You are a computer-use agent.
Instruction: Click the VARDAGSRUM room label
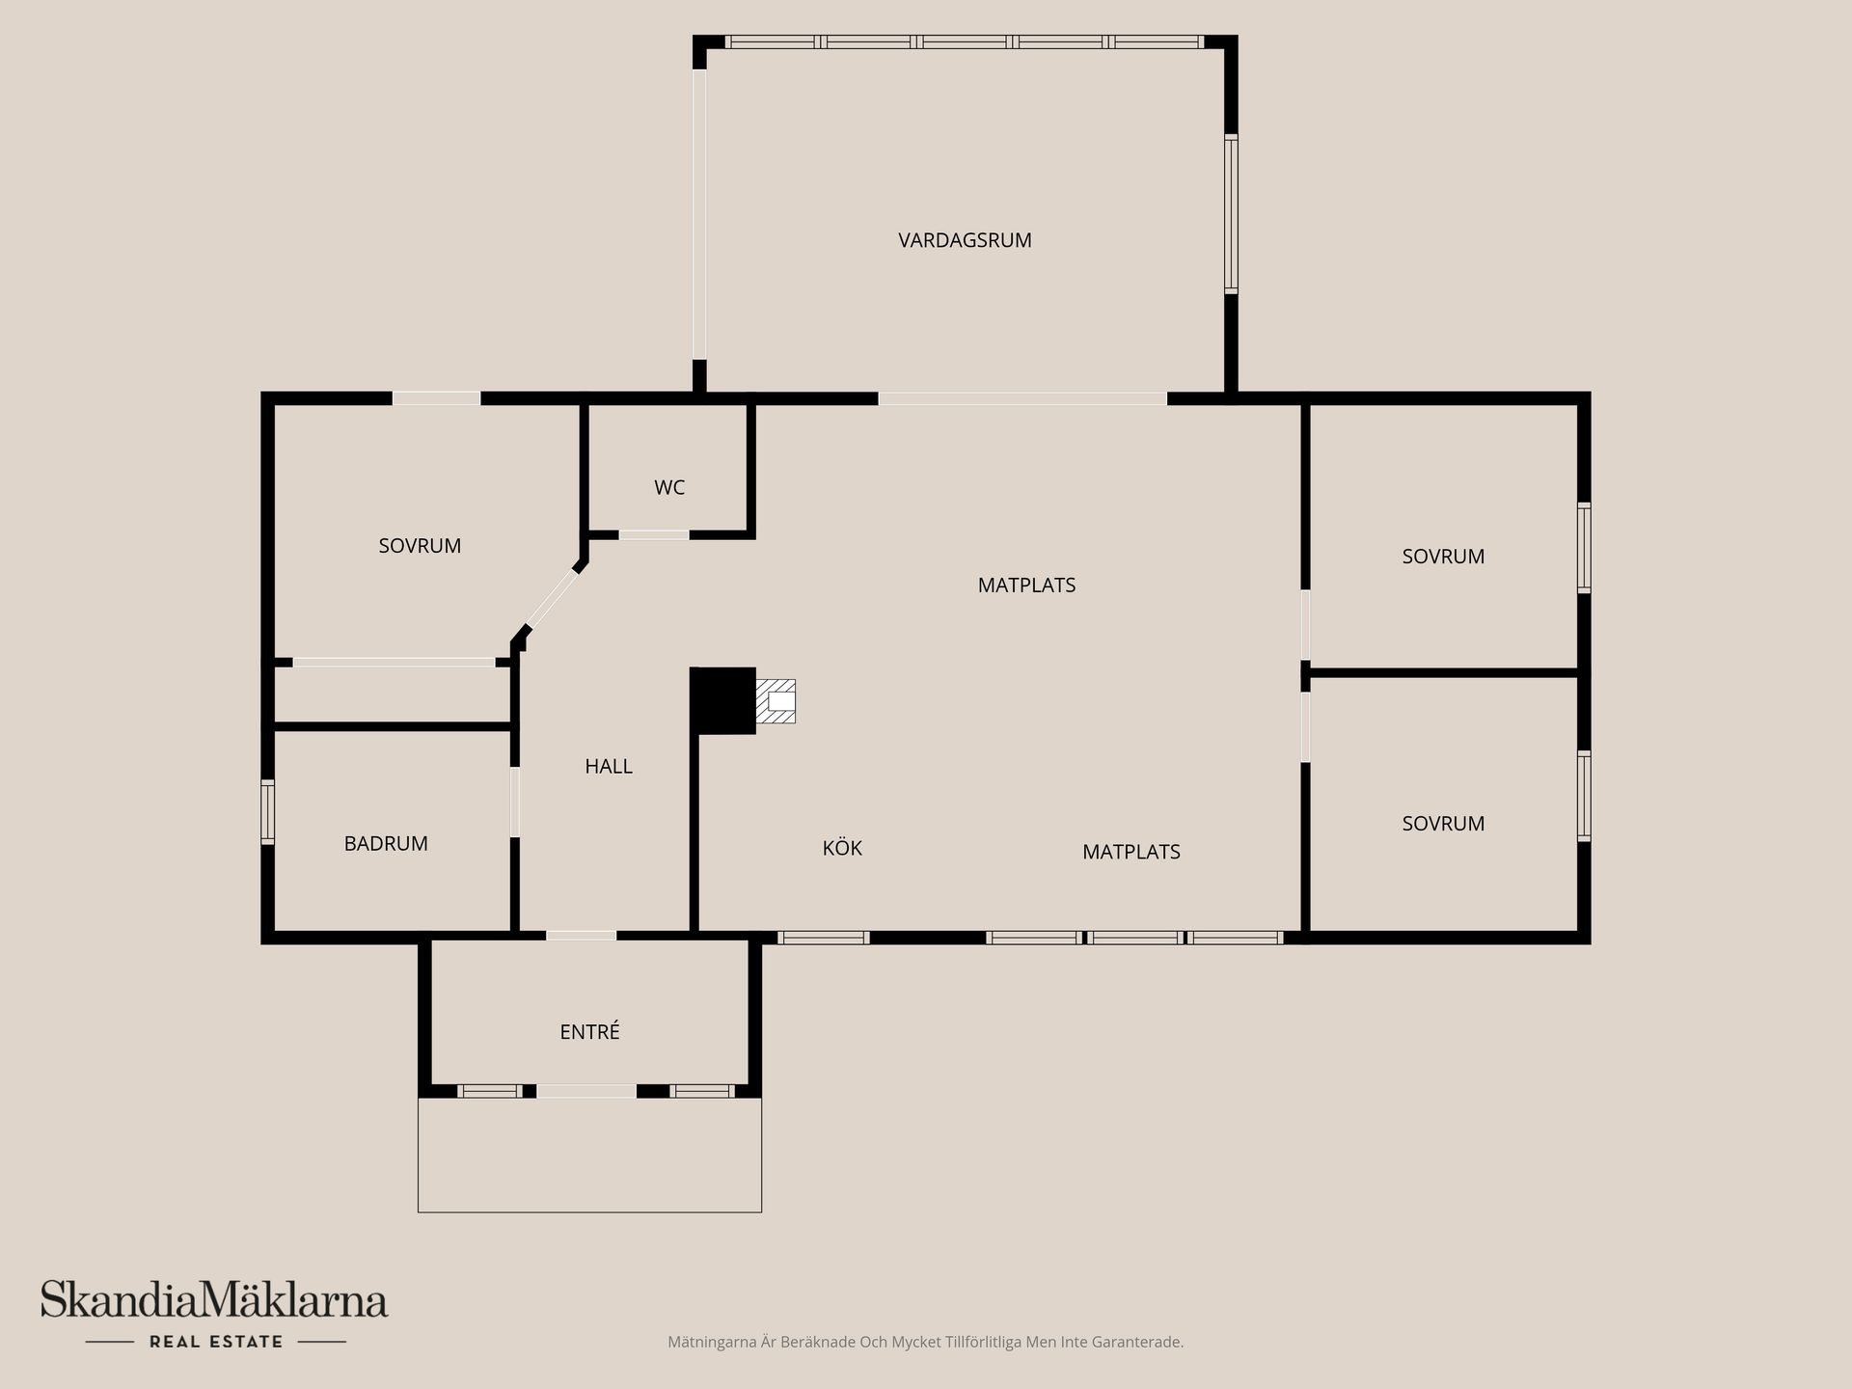pyautogui.click(x=965, y=240)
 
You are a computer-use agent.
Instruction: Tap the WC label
pyautogui.click(x=669, y=487)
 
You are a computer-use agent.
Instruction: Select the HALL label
pyautogui.click(x=609, y=766)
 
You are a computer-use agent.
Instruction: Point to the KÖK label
pyautogui.click(x=842, y=848)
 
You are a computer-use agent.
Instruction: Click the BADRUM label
pyautogui.click(x=386, y=843)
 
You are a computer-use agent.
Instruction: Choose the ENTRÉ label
pyautogui.click(x=589, y=1031)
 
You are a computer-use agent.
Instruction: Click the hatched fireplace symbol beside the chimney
pyautogui.click(x=776, y=700)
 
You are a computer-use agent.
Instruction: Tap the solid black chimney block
pyautogui.click(x=723, y=699)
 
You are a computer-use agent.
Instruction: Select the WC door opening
pyautogui.click(x=654, y=534)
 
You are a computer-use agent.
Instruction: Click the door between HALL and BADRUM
pyautogui.click(x=515, y=802)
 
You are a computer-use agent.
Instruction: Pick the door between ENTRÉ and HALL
pyautogui.click(x=581, y=936)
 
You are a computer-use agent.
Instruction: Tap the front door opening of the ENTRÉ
pyautogui.click(x=586, y=1091)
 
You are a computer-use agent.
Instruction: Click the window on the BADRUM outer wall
pyautogui.click(x=268, y=811)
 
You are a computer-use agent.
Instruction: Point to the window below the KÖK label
pyautogui.click(x=824, y=938)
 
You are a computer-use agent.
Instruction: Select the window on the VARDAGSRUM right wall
pyautogui.click(x=1231, y=214)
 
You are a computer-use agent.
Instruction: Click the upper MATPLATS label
pyautogui.click(x=1026, y=585)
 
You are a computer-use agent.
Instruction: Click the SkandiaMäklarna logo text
pyautogui.click(x=214, y=1300)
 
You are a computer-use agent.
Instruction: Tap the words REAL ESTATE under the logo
pyautogui.click(x=216, y=1342)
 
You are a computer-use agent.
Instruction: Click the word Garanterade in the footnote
pyautogui.click(x=1142, y=1342)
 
